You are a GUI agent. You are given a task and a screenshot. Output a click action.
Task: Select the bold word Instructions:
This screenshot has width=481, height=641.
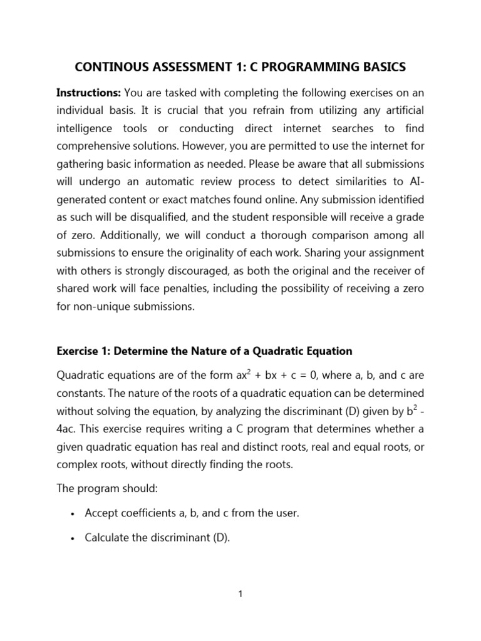88,93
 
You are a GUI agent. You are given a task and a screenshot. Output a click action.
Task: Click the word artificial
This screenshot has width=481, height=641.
397,111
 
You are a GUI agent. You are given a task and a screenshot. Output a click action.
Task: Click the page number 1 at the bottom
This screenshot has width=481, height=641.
240,595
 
